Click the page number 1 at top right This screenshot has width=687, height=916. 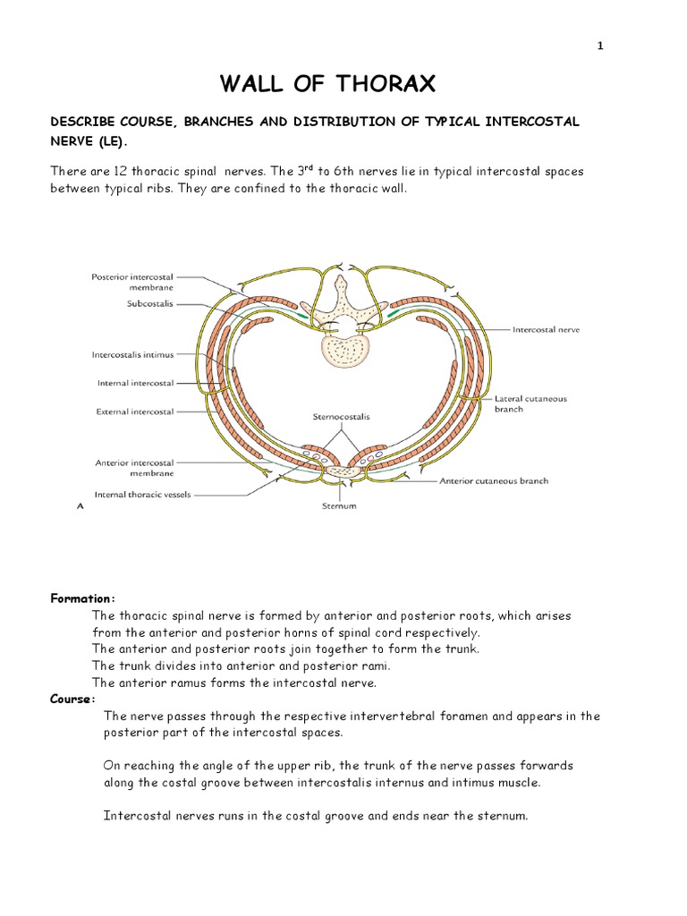tap(600, 47)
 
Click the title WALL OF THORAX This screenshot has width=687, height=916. tap(328, 85)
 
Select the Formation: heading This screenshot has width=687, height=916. tap(82, 598)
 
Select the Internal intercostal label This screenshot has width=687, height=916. tap(135, 384)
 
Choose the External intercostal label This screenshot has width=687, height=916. tap(135, 412)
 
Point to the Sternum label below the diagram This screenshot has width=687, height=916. tap(338, 506)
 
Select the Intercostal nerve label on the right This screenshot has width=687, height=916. tap(546, 329)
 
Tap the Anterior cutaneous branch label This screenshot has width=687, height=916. tap(493, 480)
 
